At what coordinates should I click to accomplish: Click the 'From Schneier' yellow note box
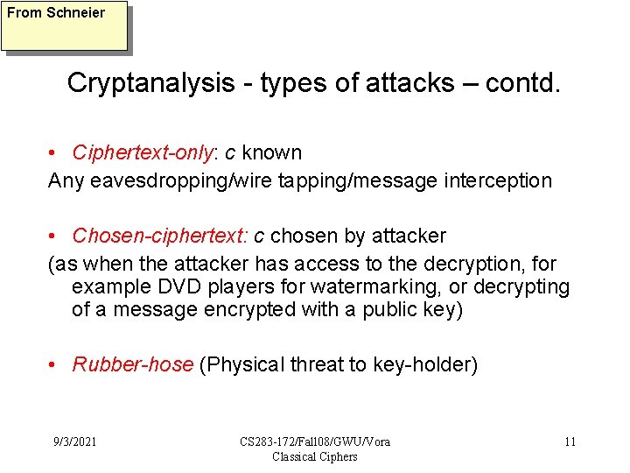[x=65, y=26]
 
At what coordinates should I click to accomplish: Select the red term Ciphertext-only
[x=143, y=152]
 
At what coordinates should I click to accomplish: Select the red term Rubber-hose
[x=132, y=364]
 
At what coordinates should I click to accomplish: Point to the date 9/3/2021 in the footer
[x=73, y=441]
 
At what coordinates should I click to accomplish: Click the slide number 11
[x=570, y=441]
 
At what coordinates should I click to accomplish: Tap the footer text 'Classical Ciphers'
[x=315, y=456]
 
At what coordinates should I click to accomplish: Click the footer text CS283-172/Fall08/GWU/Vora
[x=315, y=441]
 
